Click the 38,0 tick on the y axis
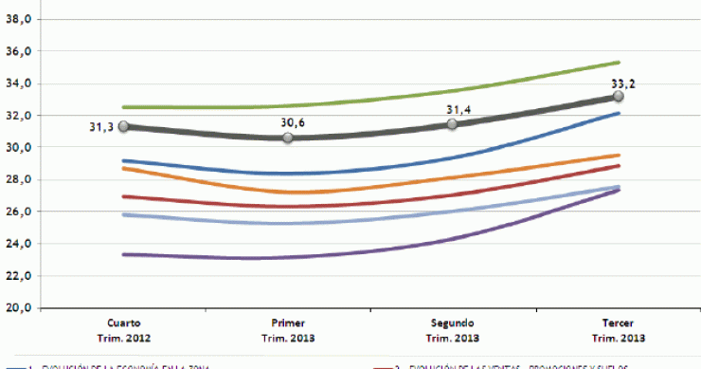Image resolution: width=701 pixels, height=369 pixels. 19,19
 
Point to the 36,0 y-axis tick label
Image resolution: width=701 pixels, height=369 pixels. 19,51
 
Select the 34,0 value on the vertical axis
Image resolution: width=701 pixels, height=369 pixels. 19,83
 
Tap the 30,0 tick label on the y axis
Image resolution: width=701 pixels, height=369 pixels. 19,147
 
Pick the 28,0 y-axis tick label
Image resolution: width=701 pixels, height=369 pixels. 19,179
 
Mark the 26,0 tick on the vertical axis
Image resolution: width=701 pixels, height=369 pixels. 19,212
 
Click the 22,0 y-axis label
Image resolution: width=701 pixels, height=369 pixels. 19,276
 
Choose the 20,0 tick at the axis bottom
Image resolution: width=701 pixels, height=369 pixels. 19,308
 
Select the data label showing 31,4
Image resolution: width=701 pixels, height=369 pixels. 461,110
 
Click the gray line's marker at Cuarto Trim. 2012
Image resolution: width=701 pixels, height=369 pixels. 123,127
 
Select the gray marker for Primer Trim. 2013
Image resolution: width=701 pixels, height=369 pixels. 288,138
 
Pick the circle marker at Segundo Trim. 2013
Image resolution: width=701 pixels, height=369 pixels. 453,124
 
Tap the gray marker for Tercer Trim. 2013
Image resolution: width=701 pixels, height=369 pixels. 618,97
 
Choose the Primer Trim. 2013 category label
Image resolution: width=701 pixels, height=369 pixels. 288,330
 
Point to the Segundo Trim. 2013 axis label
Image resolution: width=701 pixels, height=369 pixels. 453,330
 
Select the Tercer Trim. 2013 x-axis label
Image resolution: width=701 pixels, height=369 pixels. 618,330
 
